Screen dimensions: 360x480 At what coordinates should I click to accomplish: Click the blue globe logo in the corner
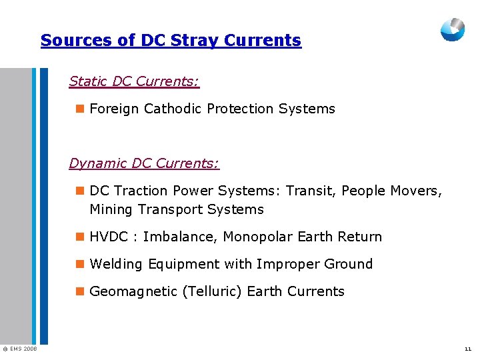(453, 29)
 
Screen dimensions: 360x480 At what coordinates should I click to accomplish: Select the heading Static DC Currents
(134, 81)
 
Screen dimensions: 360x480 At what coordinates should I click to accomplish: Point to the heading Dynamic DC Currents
(144, 163)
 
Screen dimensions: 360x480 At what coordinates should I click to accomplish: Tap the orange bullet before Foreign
(80, 109)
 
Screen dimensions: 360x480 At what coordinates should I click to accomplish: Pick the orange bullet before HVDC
(80, 237)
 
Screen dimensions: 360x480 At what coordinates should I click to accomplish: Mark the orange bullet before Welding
(80, 264)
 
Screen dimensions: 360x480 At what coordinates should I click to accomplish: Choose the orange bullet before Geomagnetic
(80, 291)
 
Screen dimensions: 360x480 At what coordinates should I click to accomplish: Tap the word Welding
(116, 264)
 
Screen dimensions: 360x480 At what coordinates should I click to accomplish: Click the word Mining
(111, 210)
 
